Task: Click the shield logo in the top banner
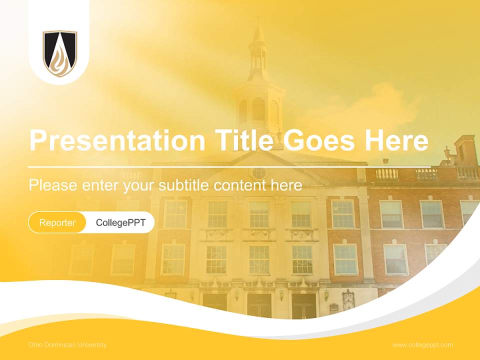[x=59, y=53]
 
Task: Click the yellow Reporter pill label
[x=57, y=222]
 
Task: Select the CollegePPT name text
[x=120, y=222]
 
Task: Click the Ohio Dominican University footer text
[x=67, y=344]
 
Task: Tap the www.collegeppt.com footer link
[x=422, y=344]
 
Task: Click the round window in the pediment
[x=258, y=173]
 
